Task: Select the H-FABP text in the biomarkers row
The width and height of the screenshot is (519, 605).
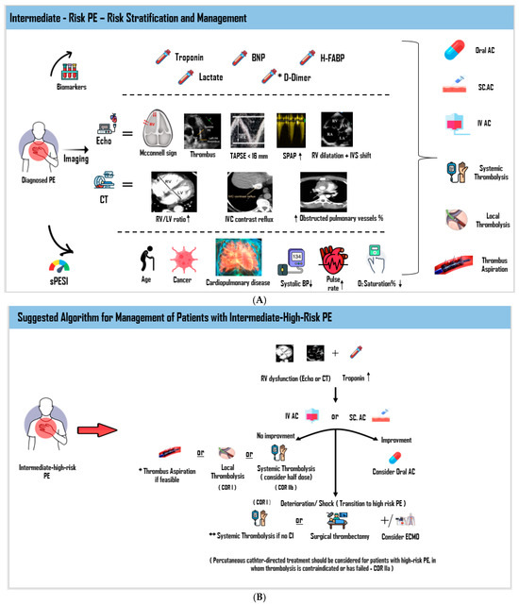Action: (330, 58)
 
